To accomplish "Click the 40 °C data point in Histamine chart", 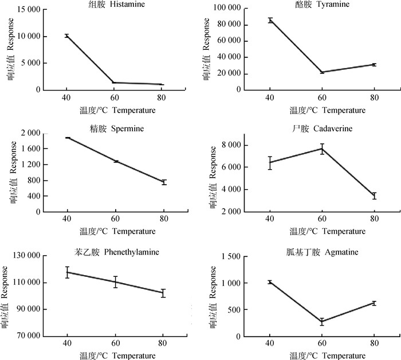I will pyautogui.click(x=67, y=36).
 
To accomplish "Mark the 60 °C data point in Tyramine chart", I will pyautogui.click(x=322, y=72).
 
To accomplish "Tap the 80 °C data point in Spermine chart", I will pyautogui.click(x=164, y=182).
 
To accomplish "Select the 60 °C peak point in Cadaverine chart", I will pyautogui.click(x=322, y=148).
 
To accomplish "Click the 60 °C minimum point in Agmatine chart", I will pyautogui.click(x=322, y=322).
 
